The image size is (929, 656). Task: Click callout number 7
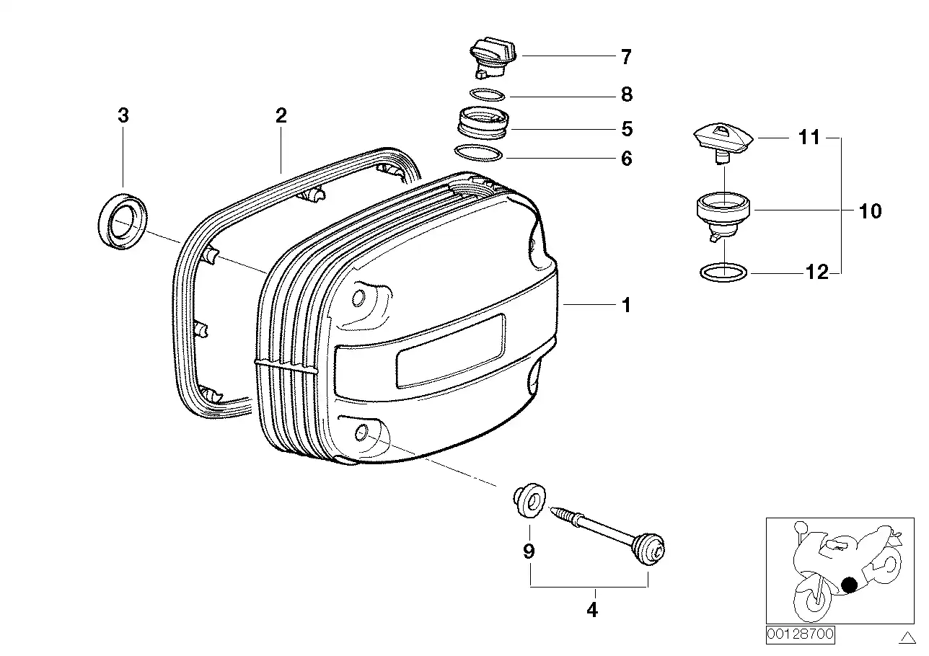point(625,56)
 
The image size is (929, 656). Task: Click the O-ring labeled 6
point(478,155)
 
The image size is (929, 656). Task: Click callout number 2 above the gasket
point(281,115)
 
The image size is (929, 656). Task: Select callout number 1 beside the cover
point(625,306)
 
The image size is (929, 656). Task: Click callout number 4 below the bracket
point(591,610)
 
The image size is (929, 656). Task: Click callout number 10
point(871,211)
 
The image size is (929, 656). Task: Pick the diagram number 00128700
point(800,635)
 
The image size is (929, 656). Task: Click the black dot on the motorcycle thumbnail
point(850,584)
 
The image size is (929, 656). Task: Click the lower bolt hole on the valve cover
point(362,431)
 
